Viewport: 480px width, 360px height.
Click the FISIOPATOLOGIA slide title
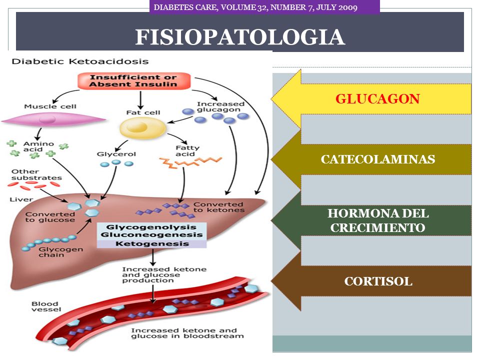pos(240,37)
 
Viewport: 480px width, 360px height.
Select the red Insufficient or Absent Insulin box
pos(134,81)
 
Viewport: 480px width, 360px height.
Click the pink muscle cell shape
pos(53,119)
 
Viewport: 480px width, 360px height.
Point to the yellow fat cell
pos(142,128)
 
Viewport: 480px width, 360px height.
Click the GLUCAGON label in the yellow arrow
pos(377,99)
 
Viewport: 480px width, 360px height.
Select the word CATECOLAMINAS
pos(378,159)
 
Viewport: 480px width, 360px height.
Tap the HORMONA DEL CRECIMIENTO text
pos(378,220)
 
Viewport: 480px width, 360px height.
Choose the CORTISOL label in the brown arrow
pos(378,281)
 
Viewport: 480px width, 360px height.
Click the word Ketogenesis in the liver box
pos(152,244)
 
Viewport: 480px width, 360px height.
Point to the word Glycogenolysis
pos(151,227)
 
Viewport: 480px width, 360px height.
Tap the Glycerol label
pos(116,154)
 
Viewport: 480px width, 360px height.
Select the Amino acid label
pos(38,146)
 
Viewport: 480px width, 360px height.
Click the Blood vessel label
pos(46,306)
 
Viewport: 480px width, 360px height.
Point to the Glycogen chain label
pos(60,252)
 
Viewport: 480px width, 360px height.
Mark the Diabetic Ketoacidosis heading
pos(80,61)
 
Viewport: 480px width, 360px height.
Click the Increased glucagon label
pos(220,107)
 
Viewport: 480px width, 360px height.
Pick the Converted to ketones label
pos(218,207)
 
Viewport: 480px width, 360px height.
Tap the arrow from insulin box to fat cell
pos(140,100)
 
